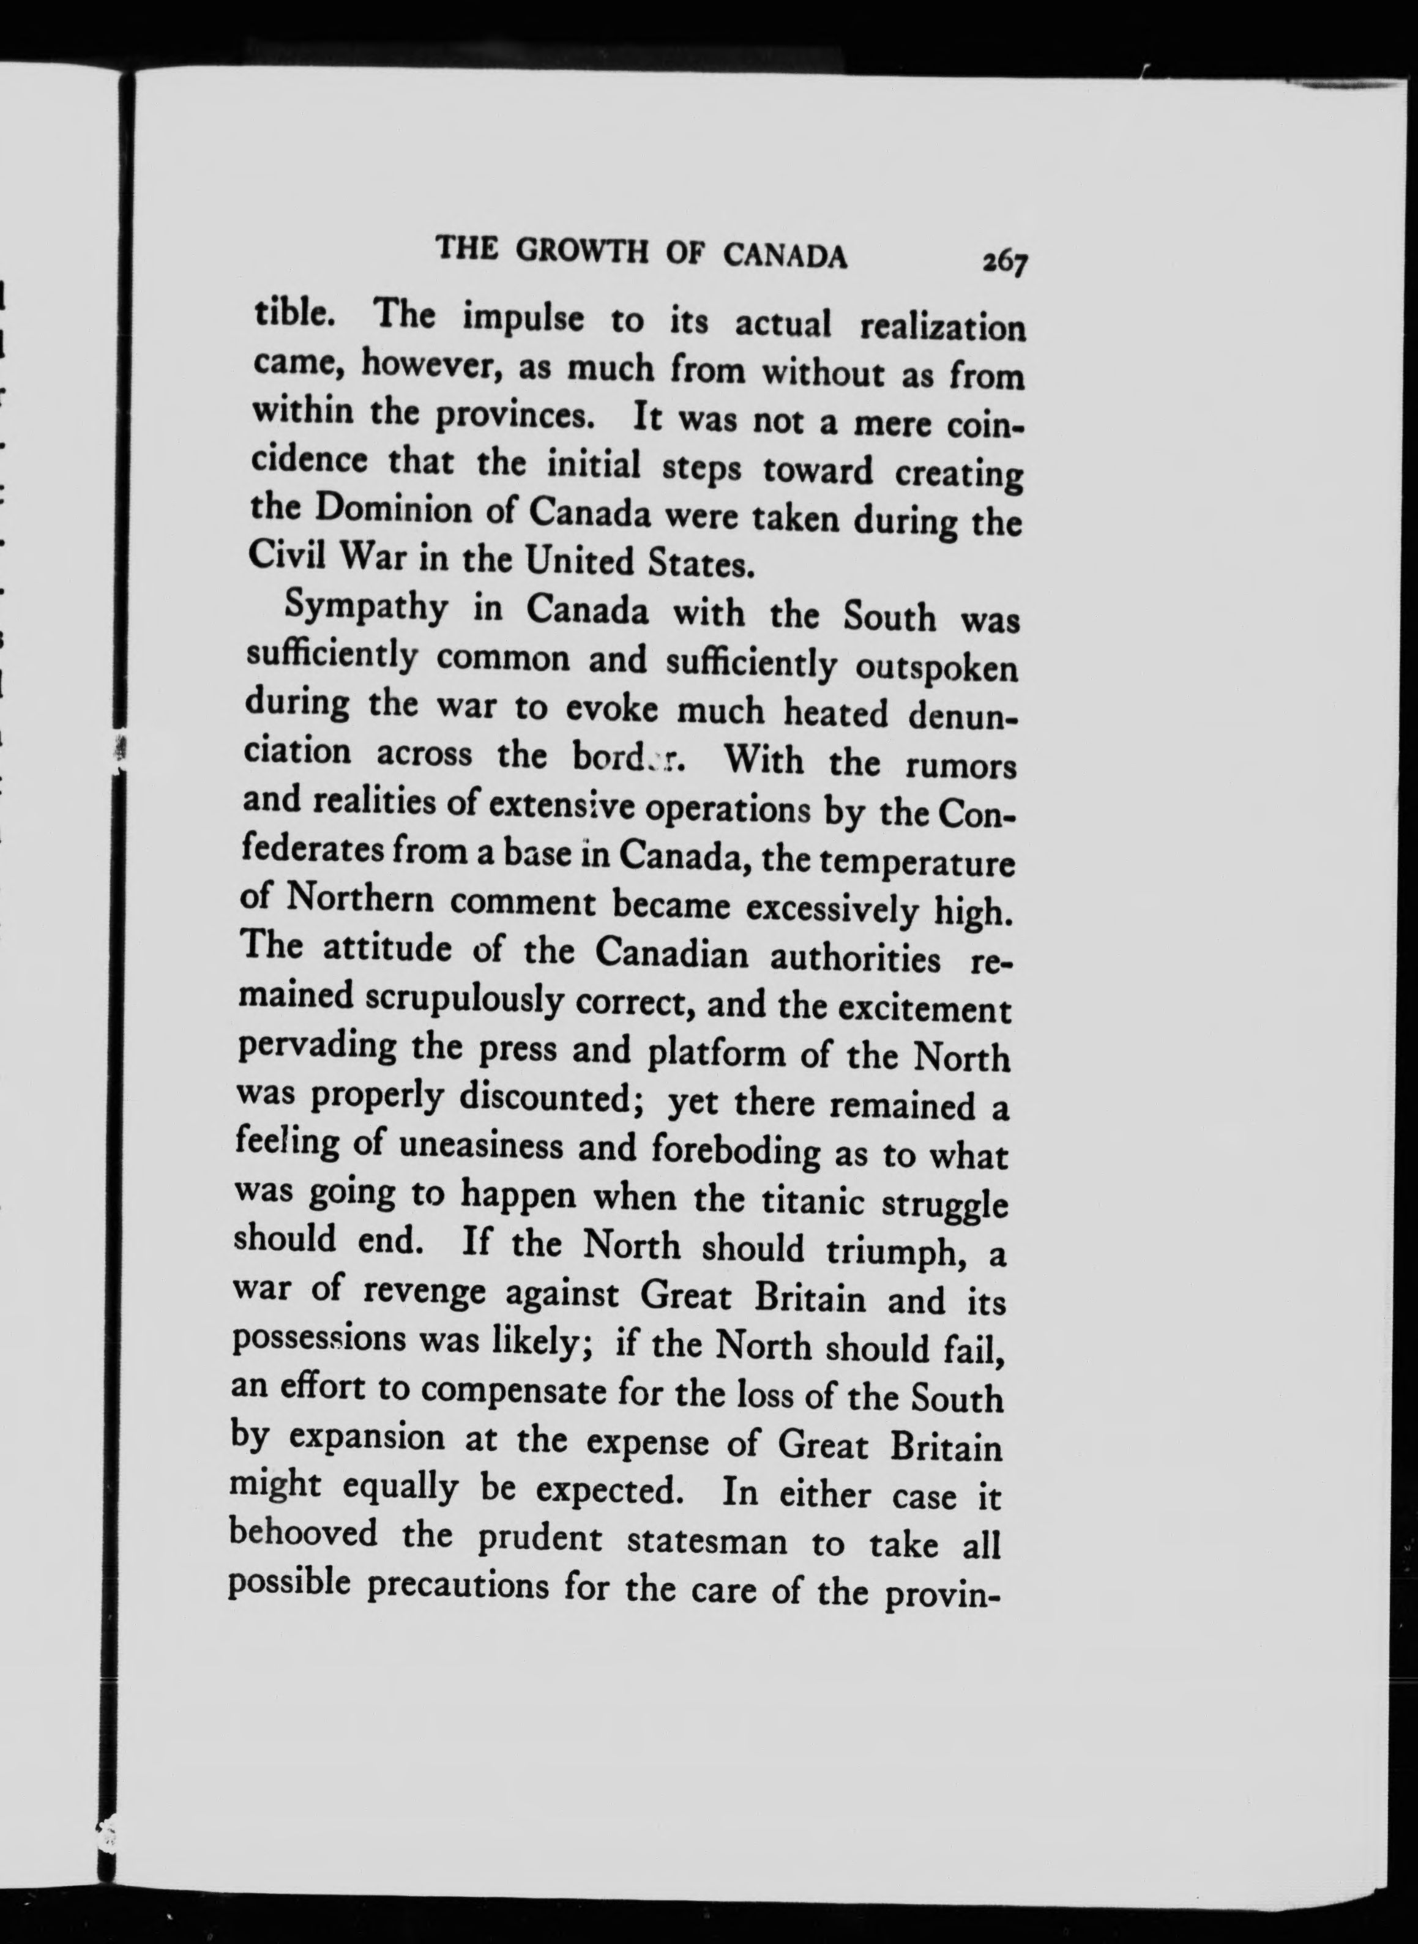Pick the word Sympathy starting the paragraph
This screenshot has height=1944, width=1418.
(367, 609)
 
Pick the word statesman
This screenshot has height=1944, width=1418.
(707, 1541)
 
